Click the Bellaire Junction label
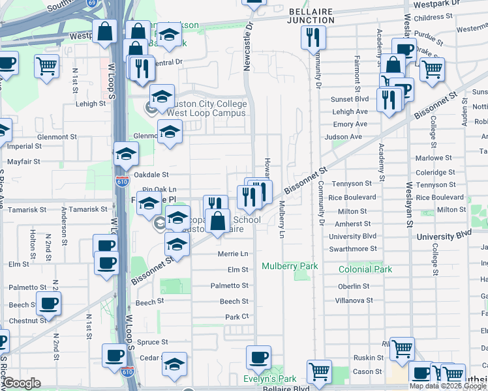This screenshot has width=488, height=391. coord(311,16)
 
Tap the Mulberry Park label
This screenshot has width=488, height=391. coord(290,267)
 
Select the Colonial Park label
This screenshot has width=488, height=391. coord(365,269)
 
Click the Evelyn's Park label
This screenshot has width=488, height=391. coord(269,379)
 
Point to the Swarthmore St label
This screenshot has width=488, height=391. coord(353,249)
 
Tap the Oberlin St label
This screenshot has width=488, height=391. coord(354,286)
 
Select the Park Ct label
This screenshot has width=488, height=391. coord(237,317)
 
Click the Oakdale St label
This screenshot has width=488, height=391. coord(151,175)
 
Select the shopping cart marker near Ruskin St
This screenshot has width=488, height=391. coord(403,349)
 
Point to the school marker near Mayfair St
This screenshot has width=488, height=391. coord(126,154)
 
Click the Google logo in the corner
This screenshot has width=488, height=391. coord(22,383)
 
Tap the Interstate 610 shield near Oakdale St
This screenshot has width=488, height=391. coord(121,181)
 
